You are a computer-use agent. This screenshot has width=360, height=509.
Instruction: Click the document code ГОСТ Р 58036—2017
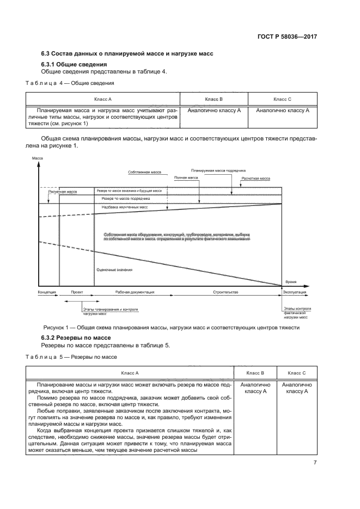[x=287, y=37]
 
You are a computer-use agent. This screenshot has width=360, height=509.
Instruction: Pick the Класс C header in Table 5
[x=297, y=373]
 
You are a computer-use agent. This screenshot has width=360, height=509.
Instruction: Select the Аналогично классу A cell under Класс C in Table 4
[x=282, y=110]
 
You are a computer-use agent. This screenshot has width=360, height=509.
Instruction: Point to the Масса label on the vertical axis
[x=38, y=157]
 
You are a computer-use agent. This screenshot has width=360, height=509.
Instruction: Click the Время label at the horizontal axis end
[x=291, y=282]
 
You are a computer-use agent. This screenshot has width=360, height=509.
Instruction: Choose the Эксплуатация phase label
[x=295, y=292]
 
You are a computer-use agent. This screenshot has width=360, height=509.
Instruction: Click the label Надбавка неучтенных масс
[x=124, y=207]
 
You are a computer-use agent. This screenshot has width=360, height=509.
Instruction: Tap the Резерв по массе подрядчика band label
[x=126, y=199]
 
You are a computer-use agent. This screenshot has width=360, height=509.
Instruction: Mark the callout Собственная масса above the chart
[x=145, y=172]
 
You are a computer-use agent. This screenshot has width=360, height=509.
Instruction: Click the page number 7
[x=315, y=463]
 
